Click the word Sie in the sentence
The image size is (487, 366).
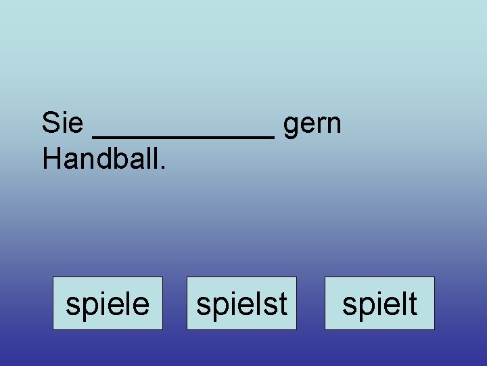pyautogui.click(x=62, y=123)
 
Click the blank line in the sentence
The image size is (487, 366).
pyautogui.click(x=183, y=136)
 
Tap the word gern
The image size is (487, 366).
pyautogui.click(x=312, y=125)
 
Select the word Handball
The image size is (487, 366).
pyautogui.click(x=101, y=159)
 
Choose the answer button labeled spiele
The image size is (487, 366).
pyautogui.click(x=108, y=304)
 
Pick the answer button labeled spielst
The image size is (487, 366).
pyautogui.click(x=241, y=304)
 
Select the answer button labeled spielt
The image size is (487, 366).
pyautogui.click(x=379, y=304)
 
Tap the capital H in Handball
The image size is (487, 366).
pyautogui.click(x=51, y=159)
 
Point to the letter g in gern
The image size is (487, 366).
pyautogui.click(x=292, y=127)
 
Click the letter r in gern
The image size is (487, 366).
pyautogui.click(x=321, y=125)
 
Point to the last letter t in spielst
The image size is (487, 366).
pyautogui.click(x=283, y=304)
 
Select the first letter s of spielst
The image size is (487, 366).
pyautogui.click(x=203, y=305)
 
